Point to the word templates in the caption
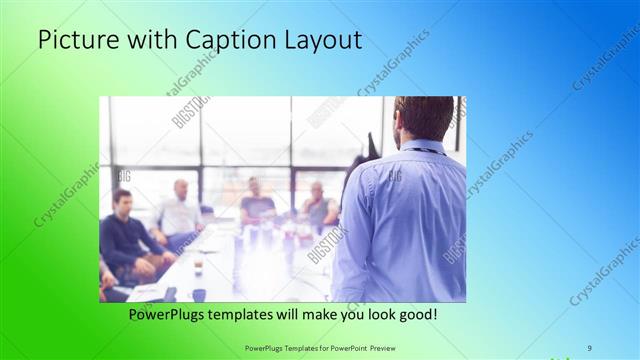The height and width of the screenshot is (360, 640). [258, 314]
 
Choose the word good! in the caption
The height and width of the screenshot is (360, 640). [414, 314]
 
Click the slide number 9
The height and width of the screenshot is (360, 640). [590, 347]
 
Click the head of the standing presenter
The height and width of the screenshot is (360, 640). [417, 118]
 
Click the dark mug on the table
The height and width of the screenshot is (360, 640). [198, 294]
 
